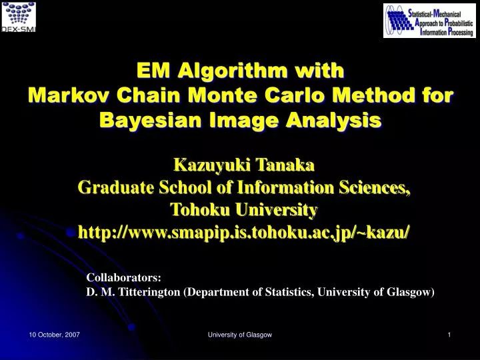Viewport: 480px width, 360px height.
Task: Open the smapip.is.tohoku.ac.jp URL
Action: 244,232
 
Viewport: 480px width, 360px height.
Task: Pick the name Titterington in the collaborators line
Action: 148,292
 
